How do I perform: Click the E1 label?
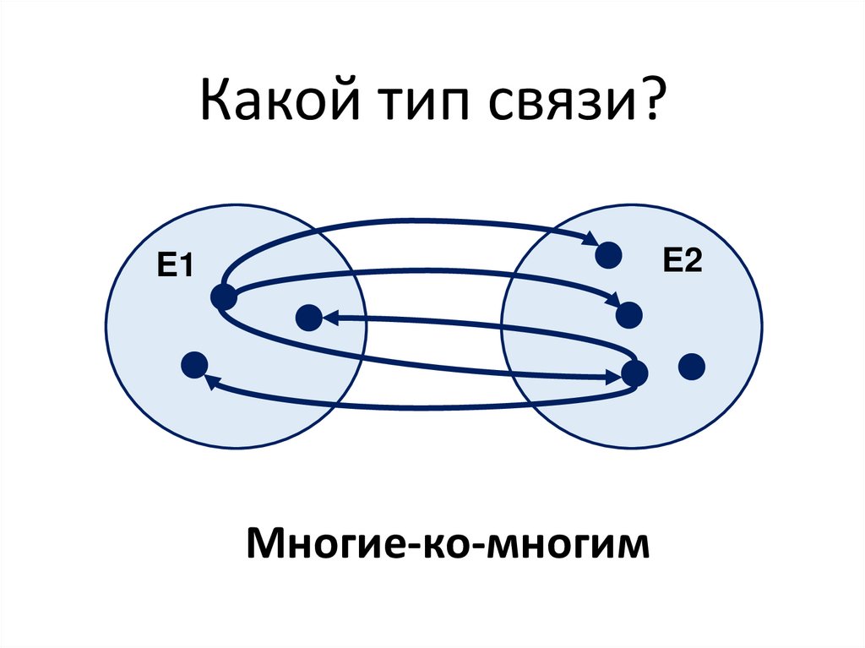pyautogui.click(x=172, y=268)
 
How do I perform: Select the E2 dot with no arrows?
pyautogui.click(x=692, y=367)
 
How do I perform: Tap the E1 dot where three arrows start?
pyautogui.click(x=223, y=297)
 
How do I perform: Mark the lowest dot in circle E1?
pyautogui.click(x=193, y=365)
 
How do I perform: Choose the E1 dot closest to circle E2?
pyautogui.click(x=308, y=318)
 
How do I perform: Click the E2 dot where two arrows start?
pyautogui.click(x=634, y=372)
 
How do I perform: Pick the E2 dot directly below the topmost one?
pyautogui.click(x=629, y=315)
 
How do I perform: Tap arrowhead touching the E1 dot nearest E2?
pyautogui.click(x=329, y=319)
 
